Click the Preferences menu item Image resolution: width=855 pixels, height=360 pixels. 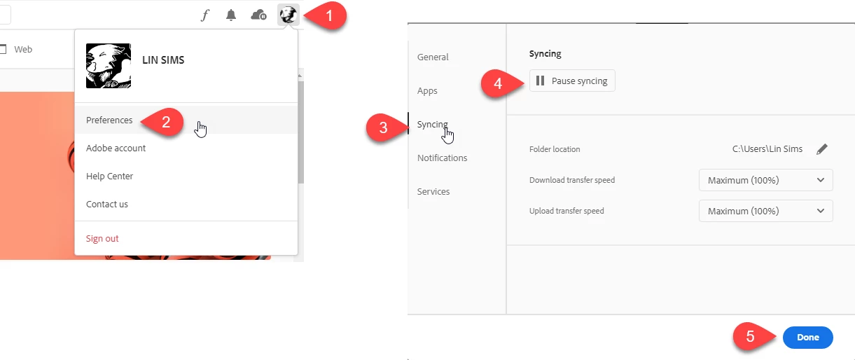(x=109, y=120)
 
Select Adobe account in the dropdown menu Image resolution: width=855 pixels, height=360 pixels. (x=116, y=148)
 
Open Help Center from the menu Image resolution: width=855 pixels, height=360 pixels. (x=109, y=176)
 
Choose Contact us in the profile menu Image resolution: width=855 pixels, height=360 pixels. (x=107, y=205)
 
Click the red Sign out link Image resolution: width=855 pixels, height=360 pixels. (x=102, y=239)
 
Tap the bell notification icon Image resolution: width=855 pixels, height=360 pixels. (x=231, y=15)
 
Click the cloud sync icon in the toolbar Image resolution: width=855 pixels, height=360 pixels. (x=258, y=15)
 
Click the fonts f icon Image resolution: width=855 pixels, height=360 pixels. (x=205, y=15)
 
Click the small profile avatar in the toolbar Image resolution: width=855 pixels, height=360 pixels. (x=289, y=15)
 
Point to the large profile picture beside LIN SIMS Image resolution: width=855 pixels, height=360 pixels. (x=109, y=66)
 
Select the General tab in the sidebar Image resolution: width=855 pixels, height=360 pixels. (x=433, y=57)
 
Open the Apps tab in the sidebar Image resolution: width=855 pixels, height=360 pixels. (x=427, y=91)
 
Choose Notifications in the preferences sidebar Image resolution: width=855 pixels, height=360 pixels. (x=442, y=158)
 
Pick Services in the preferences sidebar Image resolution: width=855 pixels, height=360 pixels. (x=433, y=192)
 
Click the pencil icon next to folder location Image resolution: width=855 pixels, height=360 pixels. (x=822, y=149)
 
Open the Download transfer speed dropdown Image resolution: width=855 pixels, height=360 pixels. (x=765, y=180)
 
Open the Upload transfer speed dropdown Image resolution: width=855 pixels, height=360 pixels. (x=765, y=211)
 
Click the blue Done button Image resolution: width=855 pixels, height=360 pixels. (x=807, y=338)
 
